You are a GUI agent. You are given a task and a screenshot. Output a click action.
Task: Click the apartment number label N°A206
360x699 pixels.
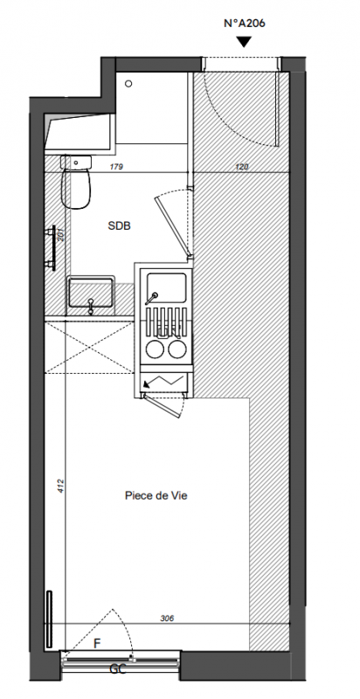(x=244, y=24)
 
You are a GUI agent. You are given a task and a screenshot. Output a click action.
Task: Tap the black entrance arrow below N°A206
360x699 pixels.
(x=244, y=42)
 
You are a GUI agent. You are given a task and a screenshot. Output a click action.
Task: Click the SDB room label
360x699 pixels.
(x=120, y=226)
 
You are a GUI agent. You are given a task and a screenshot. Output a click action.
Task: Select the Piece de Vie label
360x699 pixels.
(x=156, y=495)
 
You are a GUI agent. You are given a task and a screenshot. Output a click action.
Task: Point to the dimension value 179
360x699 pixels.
(x=117, y=167)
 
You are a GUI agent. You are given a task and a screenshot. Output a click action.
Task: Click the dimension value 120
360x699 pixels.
(x=241, y=167)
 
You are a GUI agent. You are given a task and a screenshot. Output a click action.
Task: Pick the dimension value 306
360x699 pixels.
(x=167, y=619)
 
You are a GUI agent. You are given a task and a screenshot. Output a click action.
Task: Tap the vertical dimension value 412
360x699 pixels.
(x=61, y=487)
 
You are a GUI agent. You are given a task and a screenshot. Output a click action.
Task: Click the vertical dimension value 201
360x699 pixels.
(x=61, y=234)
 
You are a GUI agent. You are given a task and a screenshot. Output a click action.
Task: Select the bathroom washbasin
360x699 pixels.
(x=91, y=293)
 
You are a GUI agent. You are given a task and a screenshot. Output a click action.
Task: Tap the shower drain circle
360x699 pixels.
(x=128, y=83)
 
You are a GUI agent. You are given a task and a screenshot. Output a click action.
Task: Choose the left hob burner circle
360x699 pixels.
(x=155, y=349)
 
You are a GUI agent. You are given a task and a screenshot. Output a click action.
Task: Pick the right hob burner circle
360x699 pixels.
(x=177, y=349)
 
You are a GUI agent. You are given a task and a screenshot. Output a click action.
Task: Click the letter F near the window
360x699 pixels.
(x=97, y=643)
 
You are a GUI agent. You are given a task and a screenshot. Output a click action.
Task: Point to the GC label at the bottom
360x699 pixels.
(x=118, y=669)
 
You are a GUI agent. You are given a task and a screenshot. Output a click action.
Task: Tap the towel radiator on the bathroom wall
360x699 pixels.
(x=52, y=248)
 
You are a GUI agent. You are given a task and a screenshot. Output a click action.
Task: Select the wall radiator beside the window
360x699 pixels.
(x=49, y=619)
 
